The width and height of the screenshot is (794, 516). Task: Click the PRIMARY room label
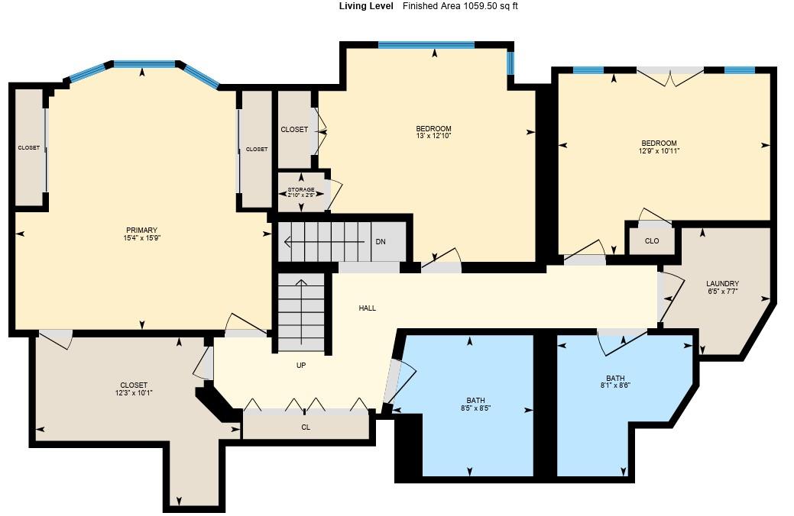[x=142, y=230]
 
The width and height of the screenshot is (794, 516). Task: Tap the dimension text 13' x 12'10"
[x=433, y=136]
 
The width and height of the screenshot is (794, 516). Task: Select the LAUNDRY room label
[x=723, y=283]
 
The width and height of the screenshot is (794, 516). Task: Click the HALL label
[x=368, y=308]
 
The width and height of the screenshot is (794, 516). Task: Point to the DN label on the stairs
[x=381, y=242]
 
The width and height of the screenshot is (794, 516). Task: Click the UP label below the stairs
[x=301, y=366]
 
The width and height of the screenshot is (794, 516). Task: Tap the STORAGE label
[x=301, y=189]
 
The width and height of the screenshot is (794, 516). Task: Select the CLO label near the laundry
[x=651, y=241]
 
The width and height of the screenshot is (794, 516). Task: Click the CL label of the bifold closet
[x=306, y=427]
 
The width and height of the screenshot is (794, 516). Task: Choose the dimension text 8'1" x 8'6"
[x=615, y=385]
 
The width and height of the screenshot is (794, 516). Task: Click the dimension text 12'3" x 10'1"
[x=134, y=393]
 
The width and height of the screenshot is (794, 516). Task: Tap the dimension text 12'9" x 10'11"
[x=659, y=151]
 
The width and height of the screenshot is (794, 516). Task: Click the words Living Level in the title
[x=366, y=6]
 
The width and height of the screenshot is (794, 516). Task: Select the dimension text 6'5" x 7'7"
[x=723, y=291]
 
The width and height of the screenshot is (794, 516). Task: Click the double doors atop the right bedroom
[x=670, y=75]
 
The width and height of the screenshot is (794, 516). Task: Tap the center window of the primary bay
[x=144, y=64]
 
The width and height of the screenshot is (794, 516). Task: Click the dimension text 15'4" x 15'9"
[x=142, y=238]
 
